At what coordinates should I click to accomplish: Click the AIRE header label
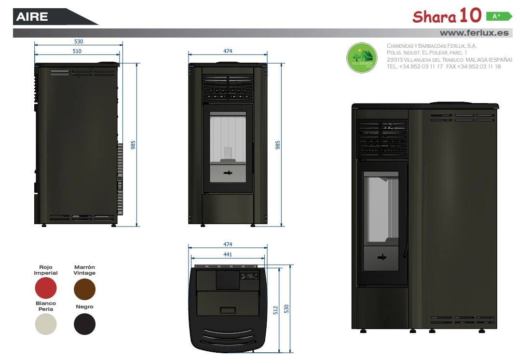(32, 16)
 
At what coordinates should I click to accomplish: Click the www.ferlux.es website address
(474, 33)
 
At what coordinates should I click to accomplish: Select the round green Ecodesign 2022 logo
(362, 58)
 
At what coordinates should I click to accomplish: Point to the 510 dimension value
(77, 51)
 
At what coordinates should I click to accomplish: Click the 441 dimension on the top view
(228, 254)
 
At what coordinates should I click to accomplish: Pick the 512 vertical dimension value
(276, 310)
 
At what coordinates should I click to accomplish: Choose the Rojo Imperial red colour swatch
(46, 288)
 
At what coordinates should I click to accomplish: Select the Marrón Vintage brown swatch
(85, 289)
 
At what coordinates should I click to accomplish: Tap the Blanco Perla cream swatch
(46, 324)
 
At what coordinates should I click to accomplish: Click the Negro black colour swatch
(85, 324)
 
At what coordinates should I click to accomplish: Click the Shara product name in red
(434, 17)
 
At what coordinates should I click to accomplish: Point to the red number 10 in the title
(471, 15)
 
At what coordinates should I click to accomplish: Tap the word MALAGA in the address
(476, 60)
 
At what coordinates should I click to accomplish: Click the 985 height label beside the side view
(133, 145)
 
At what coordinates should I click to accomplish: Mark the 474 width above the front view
(228, 51)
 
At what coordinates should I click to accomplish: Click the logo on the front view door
(228, 173)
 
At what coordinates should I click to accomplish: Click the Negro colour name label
(85, 307)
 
